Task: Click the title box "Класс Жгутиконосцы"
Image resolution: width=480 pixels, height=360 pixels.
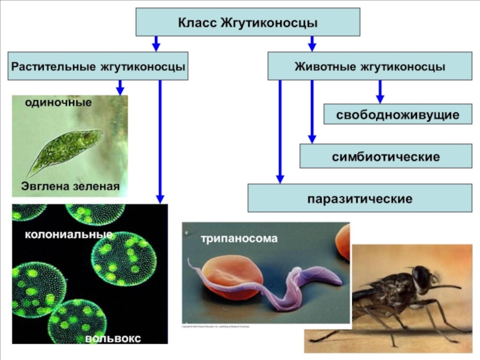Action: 248,23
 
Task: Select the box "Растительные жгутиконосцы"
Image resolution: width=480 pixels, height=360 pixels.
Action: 97,66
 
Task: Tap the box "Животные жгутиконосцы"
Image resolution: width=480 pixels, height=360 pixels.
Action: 370,66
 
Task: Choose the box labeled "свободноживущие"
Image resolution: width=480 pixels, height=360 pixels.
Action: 398,114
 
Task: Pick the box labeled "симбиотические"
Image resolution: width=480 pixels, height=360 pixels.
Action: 386,156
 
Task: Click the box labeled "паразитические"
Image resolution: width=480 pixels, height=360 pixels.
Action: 359,198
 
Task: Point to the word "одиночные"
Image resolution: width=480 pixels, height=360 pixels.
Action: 58,103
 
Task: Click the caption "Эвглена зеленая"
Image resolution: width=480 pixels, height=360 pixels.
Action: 70,187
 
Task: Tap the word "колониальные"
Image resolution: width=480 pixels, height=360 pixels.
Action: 68,234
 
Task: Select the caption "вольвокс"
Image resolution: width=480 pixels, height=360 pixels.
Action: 113,339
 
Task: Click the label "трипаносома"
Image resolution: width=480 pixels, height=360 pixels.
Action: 239,238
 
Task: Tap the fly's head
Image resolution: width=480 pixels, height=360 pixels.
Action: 422,277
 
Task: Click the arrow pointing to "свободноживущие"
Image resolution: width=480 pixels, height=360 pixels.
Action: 380,92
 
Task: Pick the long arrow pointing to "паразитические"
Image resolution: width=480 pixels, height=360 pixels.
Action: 280,132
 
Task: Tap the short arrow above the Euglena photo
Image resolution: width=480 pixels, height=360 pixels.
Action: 120,88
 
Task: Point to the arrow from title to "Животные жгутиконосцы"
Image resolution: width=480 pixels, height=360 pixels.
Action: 311,43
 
